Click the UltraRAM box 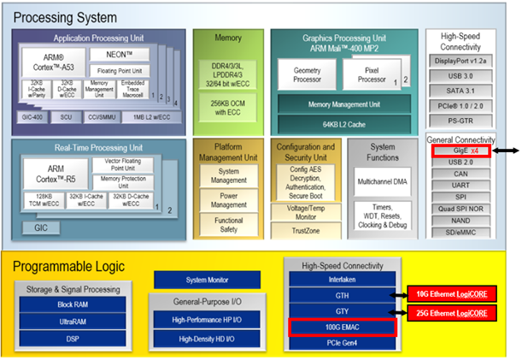click(72, 322)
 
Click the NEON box click(132, 54)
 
